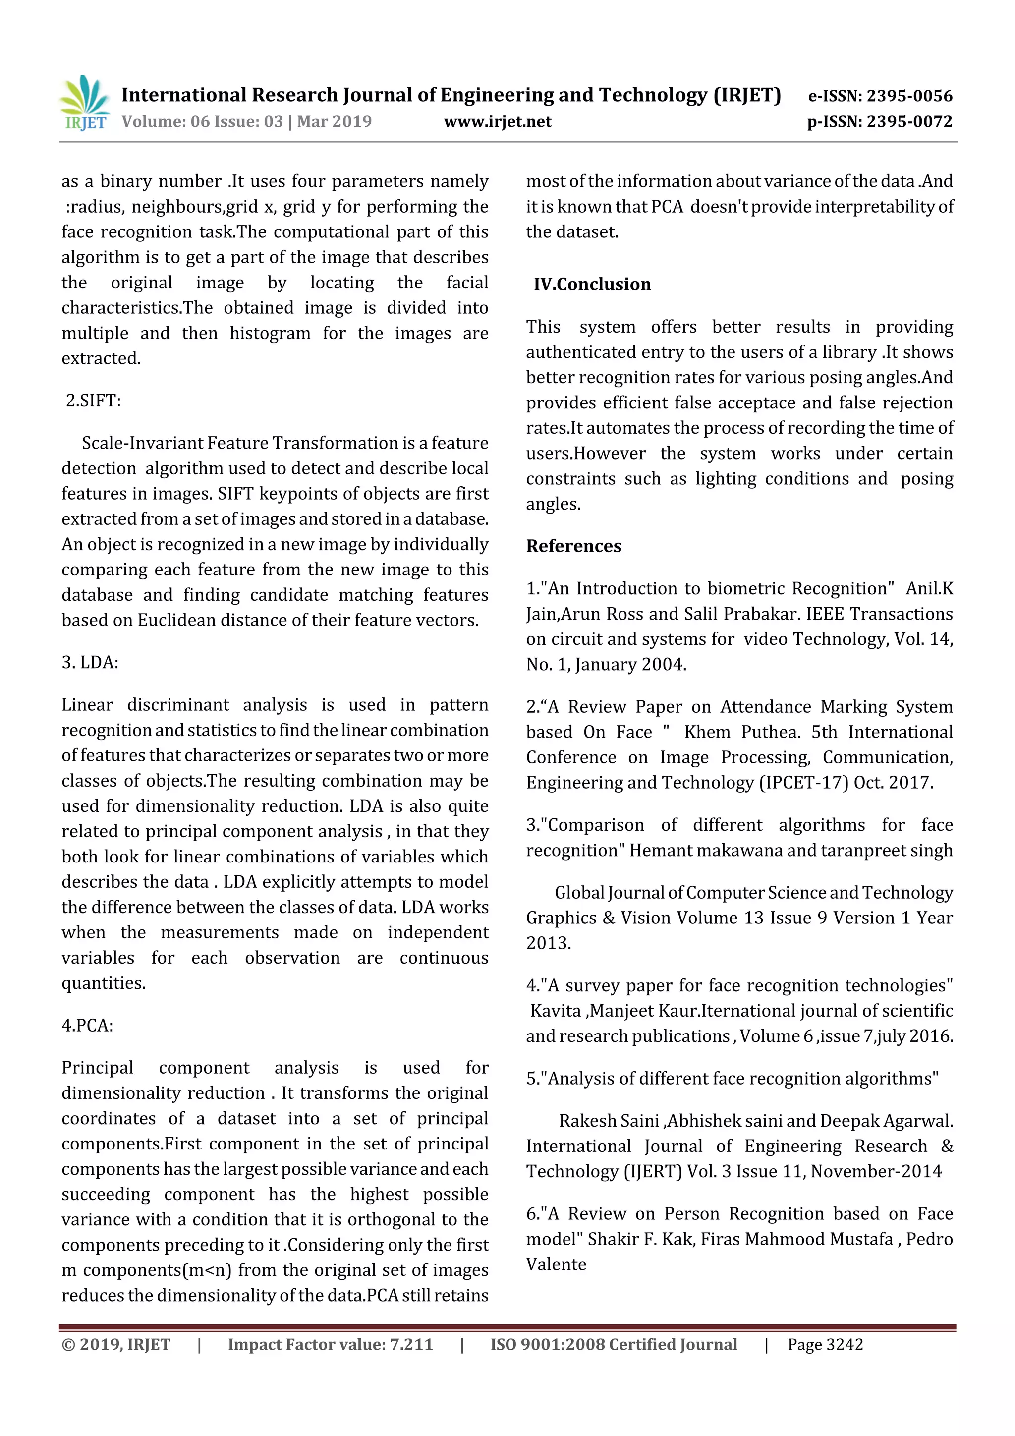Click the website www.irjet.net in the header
(x=497, y=122)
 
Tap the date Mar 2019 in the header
(x=334, y=122)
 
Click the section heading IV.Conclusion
(x=592, y=285)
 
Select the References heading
(x=573, y=546)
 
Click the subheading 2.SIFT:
(x=93, y=401)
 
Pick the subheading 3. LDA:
(x=90, y=662)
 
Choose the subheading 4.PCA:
(x=88, y=1025)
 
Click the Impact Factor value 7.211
(x=411, y=1344)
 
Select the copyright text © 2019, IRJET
(x=115, y=1344)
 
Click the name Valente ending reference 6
(x=556, y=1264)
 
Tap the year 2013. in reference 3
(x=549, y=943)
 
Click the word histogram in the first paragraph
(x=270, y=334)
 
